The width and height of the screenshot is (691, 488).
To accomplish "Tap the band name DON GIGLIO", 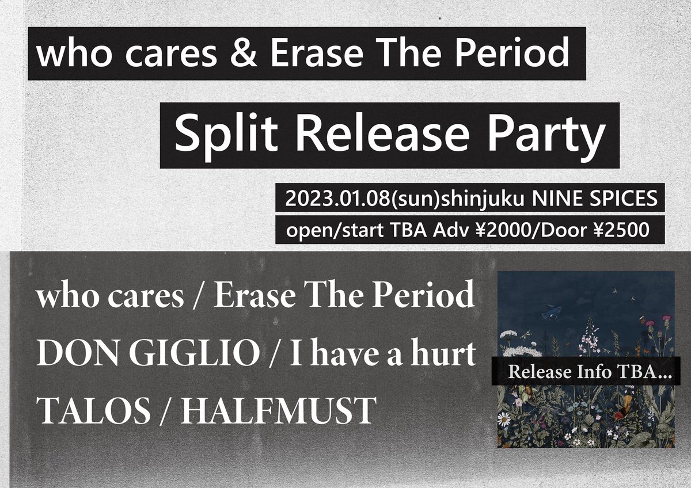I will click(x=148, y=355).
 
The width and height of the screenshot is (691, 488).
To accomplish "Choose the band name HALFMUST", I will click(x=279, y=410).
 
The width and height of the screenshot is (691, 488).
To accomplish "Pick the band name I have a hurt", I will click(x=382, y=355).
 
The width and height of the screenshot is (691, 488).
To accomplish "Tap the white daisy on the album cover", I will click(x=504, y=419).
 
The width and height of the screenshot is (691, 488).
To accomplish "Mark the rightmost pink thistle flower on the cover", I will click(x=666, y=318).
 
